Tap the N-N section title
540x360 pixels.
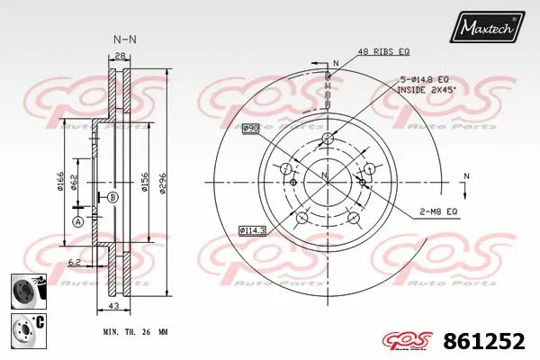coord(123,40)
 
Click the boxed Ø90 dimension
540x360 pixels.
coord(250,129)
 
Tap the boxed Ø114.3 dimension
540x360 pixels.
coord(253,230)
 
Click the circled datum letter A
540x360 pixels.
coord(77,221)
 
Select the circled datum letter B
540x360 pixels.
coord(112,196)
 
